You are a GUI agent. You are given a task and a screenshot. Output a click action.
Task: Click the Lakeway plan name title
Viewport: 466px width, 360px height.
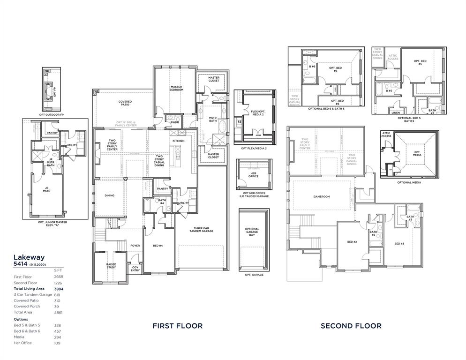click(29, 257)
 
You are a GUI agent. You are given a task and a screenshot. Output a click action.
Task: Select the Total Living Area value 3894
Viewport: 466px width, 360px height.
click(58, 289)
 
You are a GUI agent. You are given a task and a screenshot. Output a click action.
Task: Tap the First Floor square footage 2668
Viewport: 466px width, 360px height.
click(58, 277)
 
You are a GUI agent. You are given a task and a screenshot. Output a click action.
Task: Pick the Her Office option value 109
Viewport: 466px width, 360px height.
click(57, 343)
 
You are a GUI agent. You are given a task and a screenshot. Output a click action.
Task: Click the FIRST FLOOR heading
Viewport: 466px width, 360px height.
click(178, 326)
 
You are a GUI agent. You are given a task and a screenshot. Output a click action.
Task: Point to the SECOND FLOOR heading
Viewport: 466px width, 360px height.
click(351, 326)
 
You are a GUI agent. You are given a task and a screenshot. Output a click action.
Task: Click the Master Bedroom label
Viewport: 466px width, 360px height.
click(176, 88)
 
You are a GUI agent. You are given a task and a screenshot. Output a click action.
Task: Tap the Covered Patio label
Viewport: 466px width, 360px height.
click(125, 103)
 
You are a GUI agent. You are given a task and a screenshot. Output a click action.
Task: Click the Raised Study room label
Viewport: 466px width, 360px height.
click(111, 266)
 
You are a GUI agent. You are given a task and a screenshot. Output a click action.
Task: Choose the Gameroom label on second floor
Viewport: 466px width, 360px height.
click(322, 197)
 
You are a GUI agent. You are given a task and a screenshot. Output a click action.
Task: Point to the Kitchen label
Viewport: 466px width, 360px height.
click(178, 141)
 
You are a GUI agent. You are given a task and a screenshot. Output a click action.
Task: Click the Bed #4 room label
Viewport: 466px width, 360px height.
click(158, 246)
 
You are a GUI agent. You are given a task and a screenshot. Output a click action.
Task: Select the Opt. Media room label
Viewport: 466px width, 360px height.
click(417, 153)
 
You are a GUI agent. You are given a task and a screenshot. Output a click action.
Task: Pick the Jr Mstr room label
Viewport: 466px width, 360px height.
click(47, 189)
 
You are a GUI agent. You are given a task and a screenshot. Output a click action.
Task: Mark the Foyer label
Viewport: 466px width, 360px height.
click(135, 245)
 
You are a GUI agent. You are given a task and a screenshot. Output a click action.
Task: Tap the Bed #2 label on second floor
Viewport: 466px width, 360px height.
click(352, 242)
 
